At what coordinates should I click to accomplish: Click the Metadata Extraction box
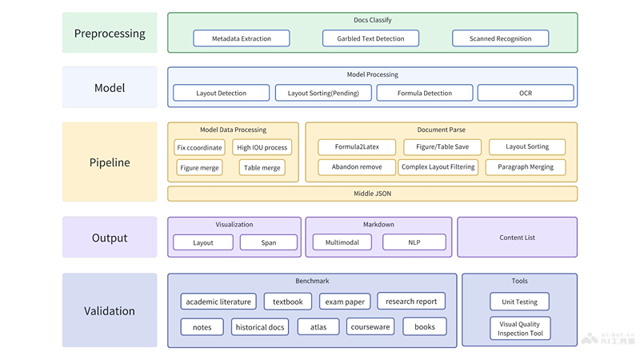click(x=242, y=38)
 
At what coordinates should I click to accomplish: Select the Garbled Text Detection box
click(x=370, y=38)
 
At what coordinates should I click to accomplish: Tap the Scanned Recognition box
click(x=500, y=38)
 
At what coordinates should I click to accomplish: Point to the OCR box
click(x=525, y=93)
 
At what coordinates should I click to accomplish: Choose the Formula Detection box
click(x=425, y=93)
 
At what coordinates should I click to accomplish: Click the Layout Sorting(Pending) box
click(x=323, y=93)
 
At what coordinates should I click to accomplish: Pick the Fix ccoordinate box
click(x=200, y=147)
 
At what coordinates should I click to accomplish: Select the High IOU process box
click(x=262, y=147)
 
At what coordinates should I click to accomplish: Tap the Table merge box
click(x=262, y=168)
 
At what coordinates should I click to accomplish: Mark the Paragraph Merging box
click(x=526, y=167)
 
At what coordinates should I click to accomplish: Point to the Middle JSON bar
click(x=372, y=194)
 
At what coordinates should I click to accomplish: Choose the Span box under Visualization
click(x=268, y=242)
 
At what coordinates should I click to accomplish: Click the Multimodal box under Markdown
click(x=342, y=242)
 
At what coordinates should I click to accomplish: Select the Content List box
click(x=517, y=237)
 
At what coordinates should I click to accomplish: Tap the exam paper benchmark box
click(x=343, y=302)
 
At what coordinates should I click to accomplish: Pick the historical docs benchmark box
click(x=260, y=327)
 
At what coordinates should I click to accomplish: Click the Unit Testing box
click(x=520, y=302)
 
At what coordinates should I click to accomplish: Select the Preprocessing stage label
click(x=110, y=34)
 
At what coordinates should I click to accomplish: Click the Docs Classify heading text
click(x=372, y=20)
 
